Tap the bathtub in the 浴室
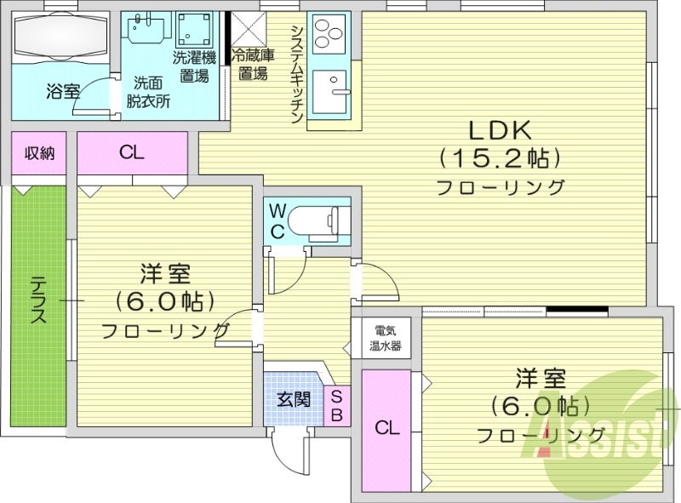pos(59,39)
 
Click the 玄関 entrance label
pos(293,399)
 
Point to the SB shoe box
pos(336,406)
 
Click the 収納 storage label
pos(39,154)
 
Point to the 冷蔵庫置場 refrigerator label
pos(254,65)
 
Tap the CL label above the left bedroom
pos(131,153)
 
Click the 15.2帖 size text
pos(499,159)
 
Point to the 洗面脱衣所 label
pos(148,92)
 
